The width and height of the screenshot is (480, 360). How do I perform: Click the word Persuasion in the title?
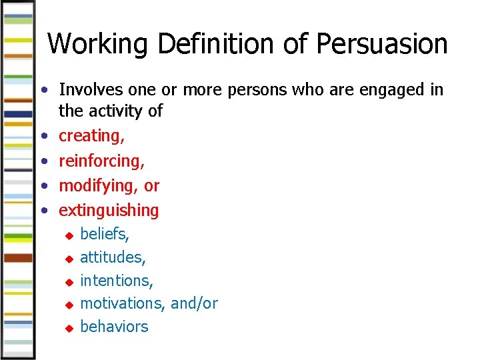pos(382,44)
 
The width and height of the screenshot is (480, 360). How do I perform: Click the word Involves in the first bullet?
pos(90,89)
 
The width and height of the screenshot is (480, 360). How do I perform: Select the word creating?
pos(91,135)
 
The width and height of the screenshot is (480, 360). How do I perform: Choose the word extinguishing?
pos(109,211)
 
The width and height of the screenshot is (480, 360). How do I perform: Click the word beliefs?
pos(105,233)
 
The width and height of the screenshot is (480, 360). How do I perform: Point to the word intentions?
pos(117,280)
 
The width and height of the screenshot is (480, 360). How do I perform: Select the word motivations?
pos(123,303)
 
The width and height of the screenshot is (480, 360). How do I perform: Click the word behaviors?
pos(114,327)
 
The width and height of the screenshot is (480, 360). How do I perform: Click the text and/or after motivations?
pos(194,303)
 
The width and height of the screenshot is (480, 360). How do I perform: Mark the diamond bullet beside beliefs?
pos(67,235)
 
